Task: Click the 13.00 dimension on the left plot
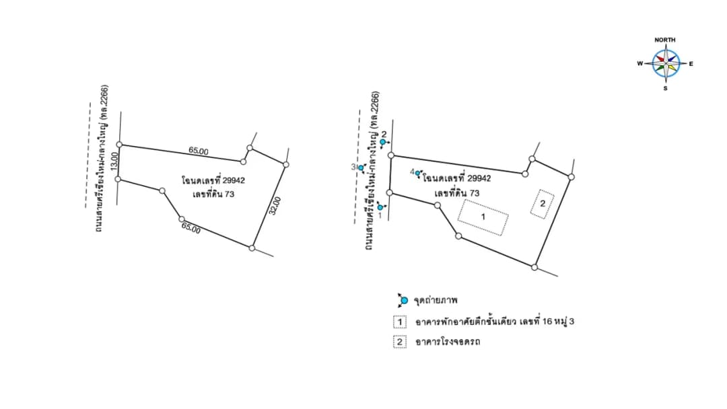(x=114, y=162)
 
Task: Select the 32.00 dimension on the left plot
(x=275, y=206)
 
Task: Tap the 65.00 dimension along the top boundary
(x=199, y=151)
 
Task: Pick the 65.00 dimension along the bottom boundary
(x=191, y=228)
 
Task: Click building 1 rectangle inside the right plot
(x=483, y=217)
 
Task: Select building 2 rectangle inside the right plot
(x=543, y=204)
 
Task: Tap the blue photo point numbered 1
(x=380, y=207)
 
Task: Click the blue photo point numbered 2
(x=383, y=142)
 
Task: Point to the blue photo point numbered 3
(x=361, y=168)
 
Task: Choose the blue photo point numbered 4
(x=418, y=174)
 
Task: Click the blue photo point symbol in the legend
(x=403, y=301)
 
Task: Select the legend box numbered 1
(x=400, y=322)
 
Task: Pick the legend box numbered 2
(x=400, y=342)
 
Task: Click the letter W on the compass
(x=640, y=63)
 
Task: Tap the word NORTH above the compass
(x=665, y=40)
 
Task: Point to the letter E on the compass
(x=691, y=64)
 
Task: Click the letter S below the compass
(x=665, y=88)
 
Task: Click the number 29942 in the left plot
(x=234, y=180)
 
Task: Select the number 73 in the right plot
(x=474, y=193)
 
